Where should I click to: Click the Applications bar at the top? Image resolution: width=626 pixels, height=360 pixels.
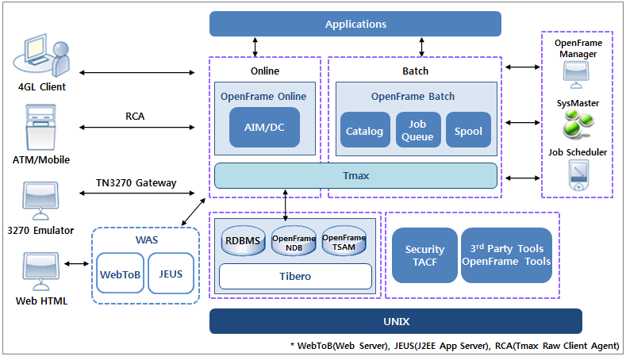(x=355, y=24)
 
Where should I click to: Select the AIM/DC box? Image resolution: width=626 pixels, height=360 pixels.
(x=264, y=128)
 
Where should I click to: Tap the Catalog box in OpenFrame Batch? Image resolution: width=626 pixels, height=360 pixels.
(x=365, y=131)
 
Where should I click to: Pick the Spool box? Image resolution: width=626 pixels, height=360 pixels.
(x=468, y=131)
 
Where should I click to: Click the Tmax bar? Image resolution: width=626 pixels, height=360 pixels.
(x=355, y=175)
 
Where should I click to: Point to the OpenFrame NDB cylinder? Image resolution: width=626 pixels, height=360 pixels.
(x=294, y=241)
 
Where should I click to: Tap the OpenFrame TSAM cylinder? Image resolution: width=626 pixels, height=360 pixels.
(x=344, y=241)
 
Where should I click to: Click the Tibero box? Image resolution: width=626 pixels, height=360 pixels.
(x=294, y=276)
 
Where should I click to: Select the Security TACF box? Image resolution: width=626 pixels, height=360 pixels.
(x=424, y=255)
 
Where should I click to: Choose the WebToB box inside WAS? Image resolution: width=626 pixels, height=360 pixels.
(x=120, y=274)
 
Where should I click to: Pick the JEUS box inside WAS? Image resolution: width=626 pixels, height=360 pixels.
(x=171, y=274)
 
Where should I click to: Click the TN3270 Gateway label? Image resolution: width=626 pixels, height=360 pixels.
(x=136, y=182)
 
